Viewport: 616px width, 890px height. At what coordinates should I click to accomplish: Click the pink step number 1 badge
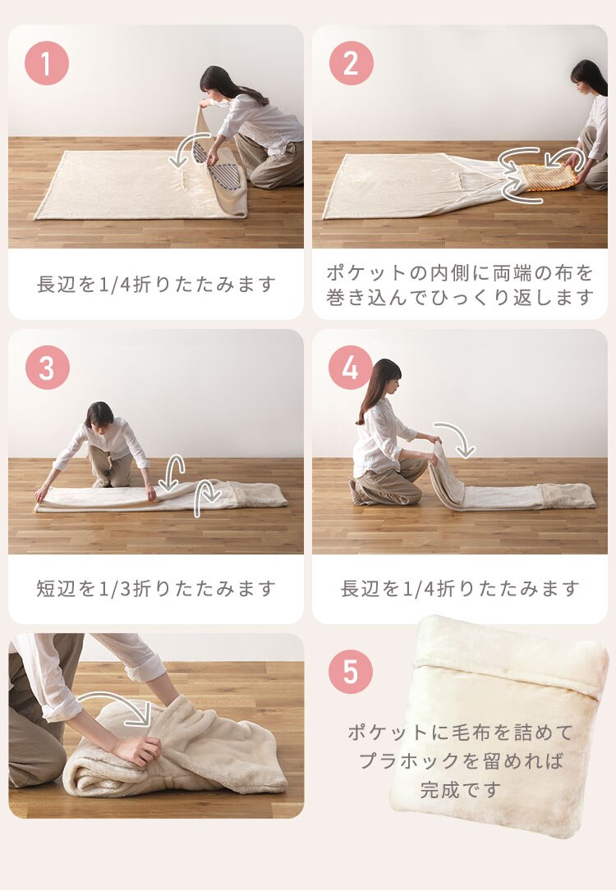coord(47,63)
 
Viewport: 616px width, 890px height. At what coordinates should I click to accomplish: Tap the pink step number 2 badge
coord(351,63)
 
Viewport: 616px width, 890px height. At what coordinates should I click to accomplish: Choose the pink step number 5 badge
coord(351,672)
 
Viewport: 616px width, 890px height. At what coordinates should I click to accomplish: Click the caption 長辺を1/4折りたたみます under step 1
coord(156,285)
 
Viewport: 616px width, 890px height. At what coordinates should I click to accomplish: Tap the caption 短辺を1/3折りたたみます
coord(156,588)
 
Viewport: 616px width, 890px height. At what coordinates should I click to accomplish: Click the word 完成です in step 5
coord(460,790)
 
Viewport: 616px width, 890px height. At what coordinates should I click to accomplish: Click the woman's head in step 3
coord(99,415)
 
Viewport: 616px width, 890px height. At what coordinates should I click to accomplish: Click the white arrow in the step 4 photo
coord(456,437)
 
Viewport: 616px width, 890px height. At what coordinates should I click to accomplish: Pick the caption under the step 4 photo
coord(460,588)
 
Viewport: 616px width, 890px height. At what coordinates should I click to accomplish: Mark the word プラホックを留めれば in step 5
coord(460,760)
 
